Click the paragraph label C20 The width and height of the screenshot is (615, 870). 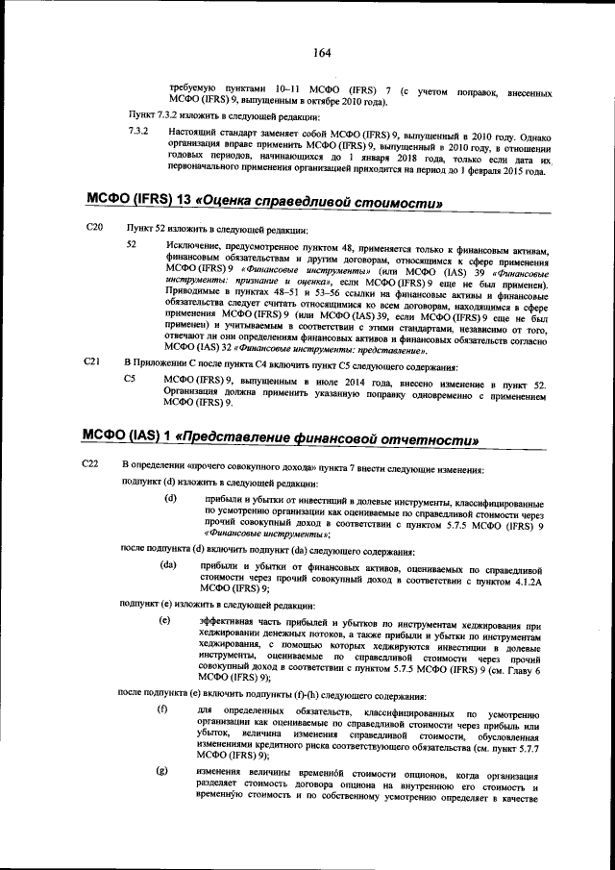coord(93,229)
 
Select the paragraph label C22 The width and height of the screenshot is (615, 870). coord(93,466)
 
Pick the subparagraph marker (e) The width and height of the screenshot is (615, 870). coord(164,620)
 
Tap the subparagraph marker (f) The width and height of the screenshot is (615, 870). coord(162,710)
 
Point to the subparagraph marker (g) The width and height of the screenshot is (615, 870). coord(162,772)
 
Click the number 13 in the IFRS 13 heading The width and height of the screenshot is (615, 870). coord(180,202)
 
